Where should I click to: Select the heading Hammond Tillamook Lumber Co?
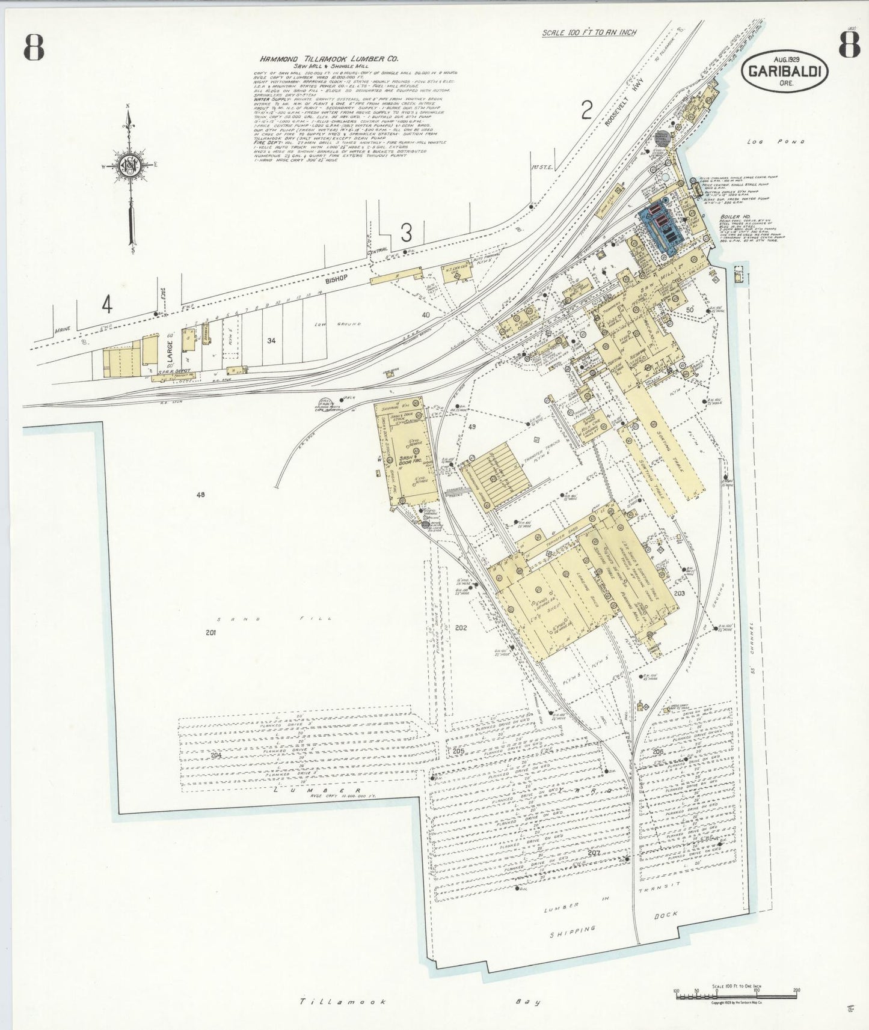tap(329, 59)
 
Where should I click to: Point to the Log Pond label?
tap(776, 142)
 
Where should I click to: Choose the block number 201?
tap(210, 632)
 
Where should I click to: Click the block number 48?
tap(200, 495)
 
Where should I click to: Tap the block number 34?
tap(271, 341)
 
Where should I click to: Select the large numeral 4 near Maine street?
tap(107, 305)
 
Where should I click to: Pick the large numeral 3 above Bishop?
tap(407, 233)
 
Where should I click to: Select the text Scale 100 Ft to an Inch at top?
tap(589, 33)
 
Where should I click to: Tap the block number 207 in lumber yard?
tap(594, 852)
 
